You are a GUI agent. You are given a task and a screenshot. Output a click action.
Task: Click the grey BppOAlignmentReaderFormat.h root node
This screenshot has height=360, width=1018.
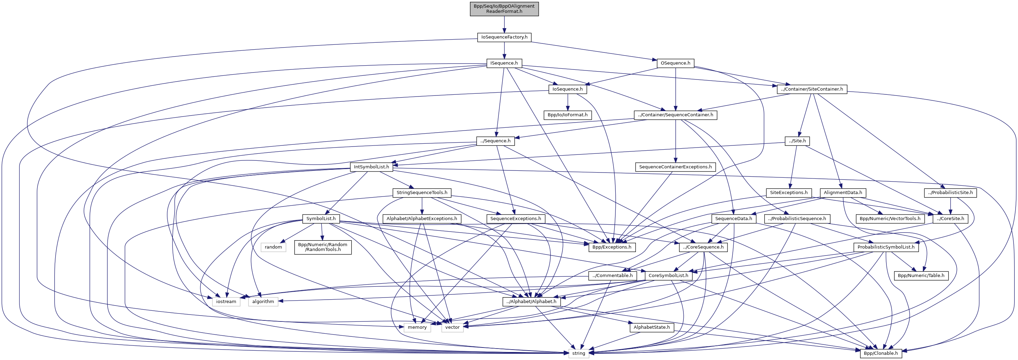point(504,9)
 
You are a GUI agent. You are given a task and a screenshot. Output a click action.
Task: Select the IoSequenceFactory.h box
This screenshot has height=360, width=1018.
point(504,37)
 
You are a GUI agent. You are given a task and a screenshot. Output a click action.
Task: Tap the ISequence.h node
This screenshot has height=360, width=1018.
point(504,63)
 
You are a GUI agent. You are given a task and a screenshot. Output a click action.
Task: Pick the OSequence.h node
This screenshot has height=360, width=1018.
point(675,63)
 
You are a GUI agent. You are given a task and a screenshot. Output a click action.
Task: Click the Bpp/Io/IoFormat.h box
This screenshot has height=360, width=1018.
point(567,115)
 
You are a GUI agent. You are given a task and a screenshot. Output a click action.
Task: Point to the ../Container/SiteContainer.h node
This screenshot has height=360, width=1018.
point(812,89)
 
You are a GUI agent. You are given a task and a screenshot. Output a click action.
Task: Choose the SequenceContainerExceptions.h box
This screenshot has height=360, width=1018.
point(675,167)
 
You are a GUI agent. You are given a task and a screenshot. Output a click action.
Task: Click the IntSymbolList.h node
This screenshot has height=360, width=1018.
point(371,167)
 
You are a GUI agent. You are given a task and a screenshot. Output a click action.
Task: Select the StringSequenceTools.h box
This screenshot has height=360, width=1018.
point(422,193)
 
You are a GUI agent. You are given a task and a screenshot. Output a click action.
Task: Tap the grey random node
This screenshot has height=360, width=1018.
point(274,247)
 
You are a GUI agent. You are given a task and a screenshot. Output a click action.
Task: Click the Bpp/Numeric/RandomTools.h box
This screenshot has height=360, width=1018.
point(323,247)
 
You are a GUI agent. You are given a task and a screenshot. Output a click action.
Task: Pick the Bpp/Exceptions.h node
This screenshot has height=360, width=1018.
point(612,247)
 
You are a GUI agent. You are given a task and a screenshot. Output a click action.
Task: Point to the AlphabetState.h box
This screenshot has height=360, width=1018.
point(652,327)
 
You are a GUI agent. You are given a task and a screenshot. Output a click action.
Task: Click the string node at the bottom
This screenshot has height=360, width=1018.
point(579,353)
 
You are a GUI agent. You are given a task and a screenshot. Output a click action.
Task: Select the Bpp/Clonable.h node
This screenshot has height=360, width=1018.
point(881,353)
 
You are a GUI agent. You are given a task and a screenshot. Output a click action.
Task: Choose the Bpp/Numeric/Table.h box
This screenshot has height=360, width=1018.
point(921,275)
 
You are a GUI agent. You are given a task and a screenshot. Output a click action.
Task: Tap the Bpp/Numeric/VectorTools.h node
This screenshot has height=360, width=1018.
point(890,218)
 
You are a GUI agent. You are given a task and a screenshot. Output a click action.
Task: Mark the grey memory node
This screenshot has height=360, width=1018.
point(417,327)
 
